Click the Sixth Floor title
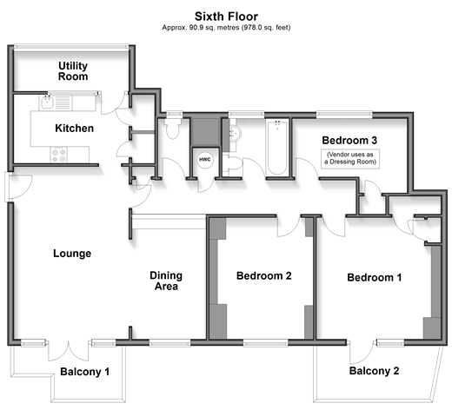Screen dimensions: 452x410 pos(226,17)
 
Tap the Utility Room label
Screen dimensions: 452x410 pos(73,71)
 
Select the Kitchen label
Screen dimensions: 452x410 pos(75,129)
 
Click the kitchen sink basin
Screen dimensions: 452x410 pos(47,102)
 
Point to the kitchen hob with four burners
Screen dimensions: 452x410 pos(58,155)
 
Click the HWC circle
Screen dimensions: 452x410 pos(205,160)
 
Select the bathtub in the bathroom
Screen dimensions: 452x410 pos(277,148)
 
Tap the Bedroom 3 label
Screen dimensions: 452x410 pos(349,141)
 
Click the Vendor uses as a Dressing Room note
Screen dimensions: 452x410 pos(350,158)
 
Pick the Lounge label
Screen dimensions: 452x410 pos(72,254)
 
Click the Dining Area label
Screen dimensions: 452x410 pos(166,281)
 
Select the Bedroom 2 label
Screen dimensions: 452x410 pos(264,275)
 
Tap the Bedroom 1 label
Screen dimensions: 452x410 pos(375,277)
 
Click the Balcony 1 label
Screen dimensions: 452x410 pos(84,372)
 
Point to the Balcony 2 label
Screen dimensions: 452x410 pos(374,371)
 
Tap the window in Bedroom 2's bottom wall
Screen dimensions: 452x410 pos(265,343)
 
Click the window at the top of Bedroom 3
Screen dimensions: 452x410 pos(344,115)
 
